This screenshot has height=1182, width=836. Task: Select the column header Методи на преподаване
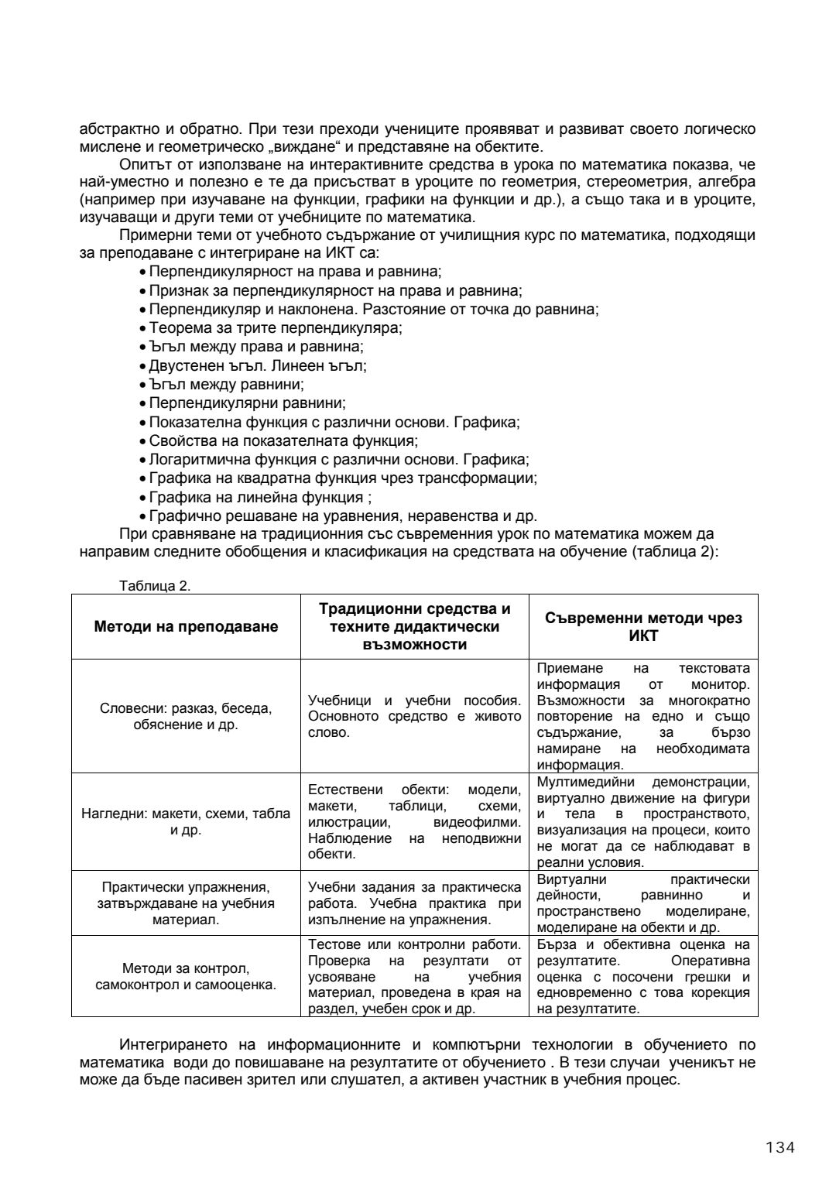pyautogui.click(x=186, y=627)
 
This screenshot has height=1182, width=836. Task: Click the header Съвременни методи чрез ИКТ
pyautogui.click(x=643, y=627)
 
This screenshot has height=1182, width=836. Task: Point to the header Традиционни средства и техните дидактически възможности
pyautogui.click(x=415, y=627)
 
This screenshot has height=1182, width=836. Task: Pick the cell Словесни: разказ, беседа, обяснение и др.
pyautogui.click(x=186, y=716)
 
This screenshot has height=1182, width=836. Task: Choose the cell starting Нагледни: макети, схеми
pyautogui.click(x=186, y=822)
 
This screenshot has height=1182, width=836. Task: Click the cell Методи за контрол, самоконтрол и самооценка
pyautogui.click(x=186, y=977)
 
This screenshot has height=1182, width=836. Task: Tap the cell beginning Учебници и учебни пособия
pyautogui.click(x=415, y=716)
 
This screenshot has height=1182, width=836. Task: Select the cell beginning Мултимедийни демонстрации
pyautogui.click(x=643, y=822)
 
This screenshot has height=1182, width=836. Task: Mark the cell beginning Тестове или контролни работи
pyautogui.click(x=415, y=977)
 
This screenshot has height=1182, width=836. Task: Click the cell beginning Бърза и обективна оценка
pyautogui.click(x=643, y=977)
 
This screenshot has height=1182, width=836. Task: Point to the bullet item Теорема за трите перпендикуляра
pyautogui.click(x=276, y=327)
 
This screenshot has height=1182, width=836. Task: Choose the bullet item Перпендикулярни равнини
pyautogui.click(x=248, y=403)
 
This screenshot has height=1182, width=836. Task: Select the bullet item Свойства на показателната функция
pyautogui.click(x=283, y=441)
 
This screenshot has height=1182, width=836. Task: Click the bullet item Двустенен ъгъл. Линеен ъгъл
pyautogui.click(x=258, y=365)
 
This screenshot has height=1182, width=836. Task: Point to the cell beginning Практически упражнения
pyautogui.click(x=186, y=903)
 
